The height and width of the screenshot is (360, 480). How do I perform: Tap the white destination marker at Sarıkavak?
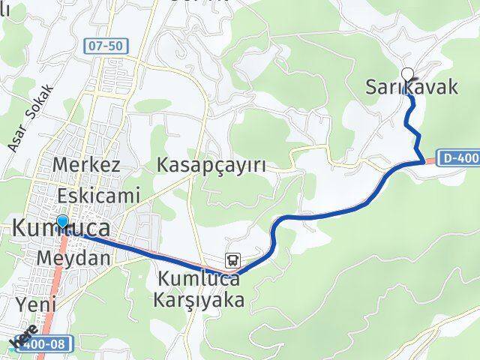408,73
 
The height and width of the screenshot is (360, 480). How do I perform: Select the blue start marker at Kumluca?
62,221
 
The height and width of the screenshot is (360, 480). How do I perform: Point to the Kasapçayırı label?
211,165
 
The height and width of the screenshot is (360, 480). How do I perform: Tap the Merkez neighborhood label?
87,166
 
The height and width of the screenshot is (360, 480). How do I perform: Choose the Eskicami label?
97,196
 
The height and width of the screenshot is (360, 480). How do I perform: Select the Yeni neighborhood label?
30,304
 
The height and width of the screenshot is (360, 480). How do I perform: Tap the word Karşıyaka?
201,300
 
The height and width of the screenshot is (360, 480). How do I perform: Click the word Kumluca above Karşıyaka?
199,280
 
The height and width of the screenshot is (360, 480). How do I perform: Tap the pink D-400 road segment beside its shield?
430,159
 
